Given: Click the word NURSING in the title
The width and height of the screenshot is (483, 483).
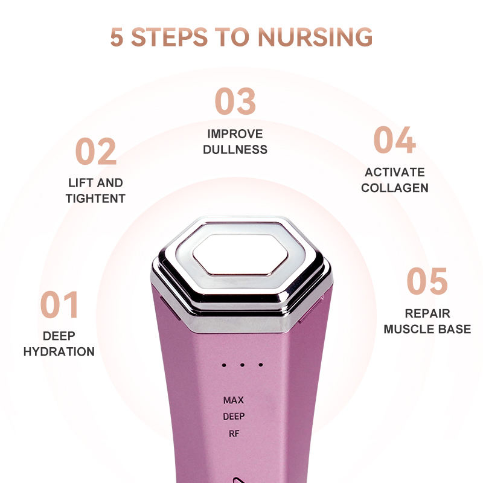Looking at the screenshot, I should (315, 36).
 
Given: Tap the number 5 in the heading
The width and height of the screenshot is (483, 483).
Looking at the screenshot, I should (118, 36).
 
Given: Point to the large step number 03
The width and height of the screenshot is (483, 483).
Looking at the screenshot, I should (235, 101).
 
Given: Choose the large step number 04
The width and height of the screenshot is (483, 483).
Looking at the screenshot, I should (394, 140).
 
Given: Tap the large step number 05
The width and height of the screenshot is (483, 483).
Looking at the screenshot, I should (427, 281).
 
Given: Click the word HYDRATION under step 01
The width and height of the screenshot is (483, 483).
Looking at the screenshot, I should (59, 351).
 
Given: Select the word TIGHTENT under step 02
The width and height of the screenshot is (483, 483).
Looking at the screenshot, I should (95, 199).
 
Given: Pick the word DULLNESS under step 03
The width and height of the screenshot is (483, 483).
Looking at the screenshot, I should (235, 149).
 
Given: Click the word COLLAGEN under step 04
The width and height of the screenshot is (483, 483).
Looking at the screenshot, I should (395, 188).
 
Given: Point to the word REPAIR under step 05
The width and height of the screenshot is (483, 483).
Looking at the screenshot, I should (427, 314).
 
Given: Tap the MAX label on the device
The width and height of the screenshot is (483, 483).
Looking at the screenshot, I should (233, 400).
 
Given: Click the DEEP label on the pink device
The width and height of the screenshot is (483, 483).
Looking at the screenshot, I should (234, 416).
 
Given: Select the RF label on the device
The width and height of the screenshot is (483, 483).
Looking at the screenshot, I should (234, 432).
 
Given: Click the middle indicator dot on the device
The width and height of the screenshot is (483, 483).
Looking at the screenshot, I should (241, 365).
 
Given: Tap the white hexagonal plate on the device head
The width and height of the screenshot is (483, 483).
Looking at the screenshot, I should (241, 252).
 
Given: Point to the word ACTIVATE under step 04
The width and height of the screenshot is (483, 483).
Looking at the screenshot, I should (395, 172).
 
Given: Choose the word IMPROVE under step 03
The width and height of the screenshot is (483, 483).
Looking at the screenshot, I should (235, 133).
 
